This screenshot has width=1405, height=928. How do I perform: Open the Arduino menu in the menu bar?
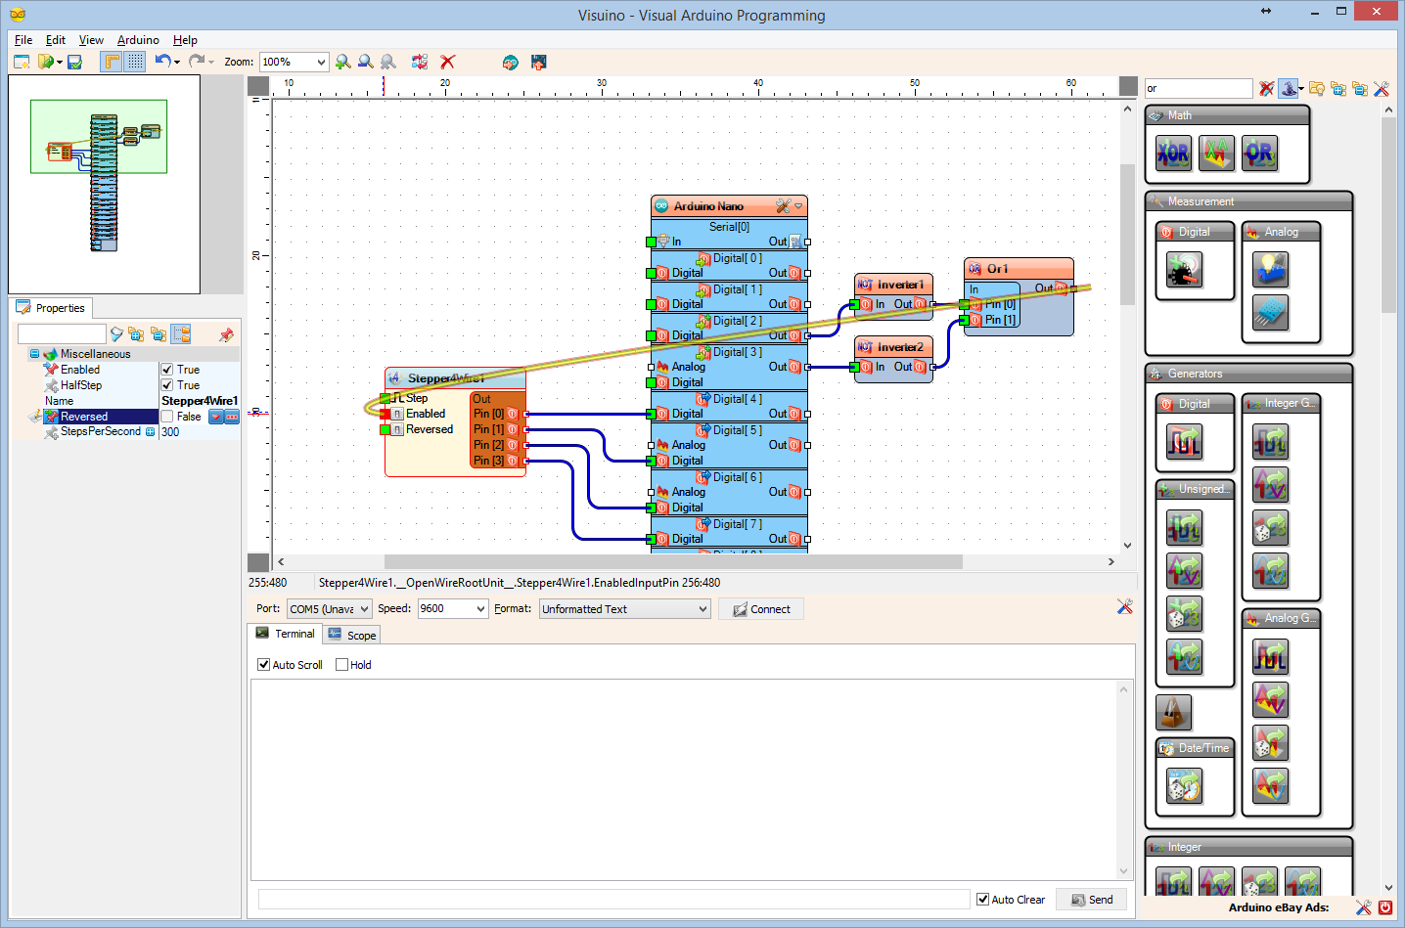click(x=138, y=40)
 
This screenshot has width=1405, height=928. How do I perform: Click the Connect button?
click(x=761, y=609)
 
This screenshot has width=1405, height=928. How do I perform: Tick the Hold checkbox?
click(x=342, y=665)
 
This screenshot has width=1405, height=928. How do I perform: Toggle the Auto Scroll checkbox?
click(x=263, y=665)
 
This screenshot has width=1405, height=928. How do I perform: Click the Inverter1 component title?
click(x=899, y=285)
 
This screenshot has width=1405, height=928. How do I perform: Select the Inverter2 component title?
click(x=899, y=347)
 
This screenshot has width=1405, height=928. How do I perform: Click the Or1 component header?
click(x=1018, y=269)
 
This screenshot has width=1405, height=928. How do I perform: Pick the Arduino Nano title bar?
click(x=708, y=206)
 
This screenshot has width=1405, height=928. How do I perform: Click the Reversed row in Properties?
click(x=84, y=417)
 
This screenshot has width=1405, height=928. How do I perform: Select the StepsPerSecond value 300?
click(x=170, y=432)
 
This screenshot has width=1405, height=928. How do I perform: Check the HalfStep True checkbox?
click(x=167, y=385)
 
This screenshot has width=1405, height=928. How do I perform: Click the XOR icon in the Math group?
click(x=1173, y=154)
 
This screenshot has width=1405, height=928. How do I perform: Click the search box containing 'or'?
click(x=1198, y=89)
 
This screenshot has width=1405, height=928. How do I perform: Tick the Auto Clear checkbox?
click(x=982, y=900)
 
